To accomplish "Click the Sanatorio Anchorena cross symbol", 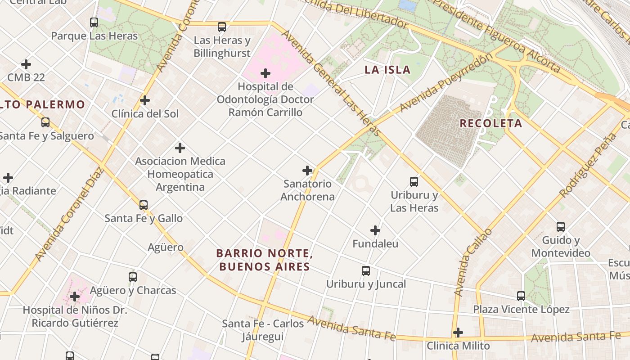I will [307, 171].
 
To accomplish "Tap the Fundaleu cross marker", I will [375, 231].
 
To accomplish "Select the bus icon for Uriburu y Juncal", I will [366, 271].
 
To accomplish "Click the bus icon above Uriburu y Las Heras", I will [414, 182].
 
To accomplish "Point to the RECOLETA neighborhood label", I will [491, 123].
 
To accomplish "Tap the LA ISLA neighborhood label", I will [387, 70].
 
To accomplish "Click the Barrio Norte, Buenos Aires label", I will [265, 260].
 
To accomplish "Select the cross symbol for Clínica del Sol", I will [145, 100].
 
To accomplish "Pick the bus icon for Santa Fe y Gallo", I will [144, 205].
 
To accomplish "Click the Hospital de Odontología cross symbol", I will [265, 73].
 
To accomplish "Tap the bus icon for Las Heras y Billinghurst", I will [222, 27].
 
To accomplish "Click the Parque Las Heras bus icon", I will [94, 22].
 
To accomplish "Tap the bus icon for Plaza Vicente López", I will [521, 296].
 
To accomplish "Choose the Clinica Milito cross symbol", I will [458, 333].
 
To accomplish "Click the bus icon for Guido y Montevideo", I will [561, 227].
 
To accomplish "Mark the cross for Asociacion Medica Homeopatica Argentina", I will [180, 148].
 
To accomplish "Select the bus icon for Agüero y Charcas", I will [133, 277].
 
